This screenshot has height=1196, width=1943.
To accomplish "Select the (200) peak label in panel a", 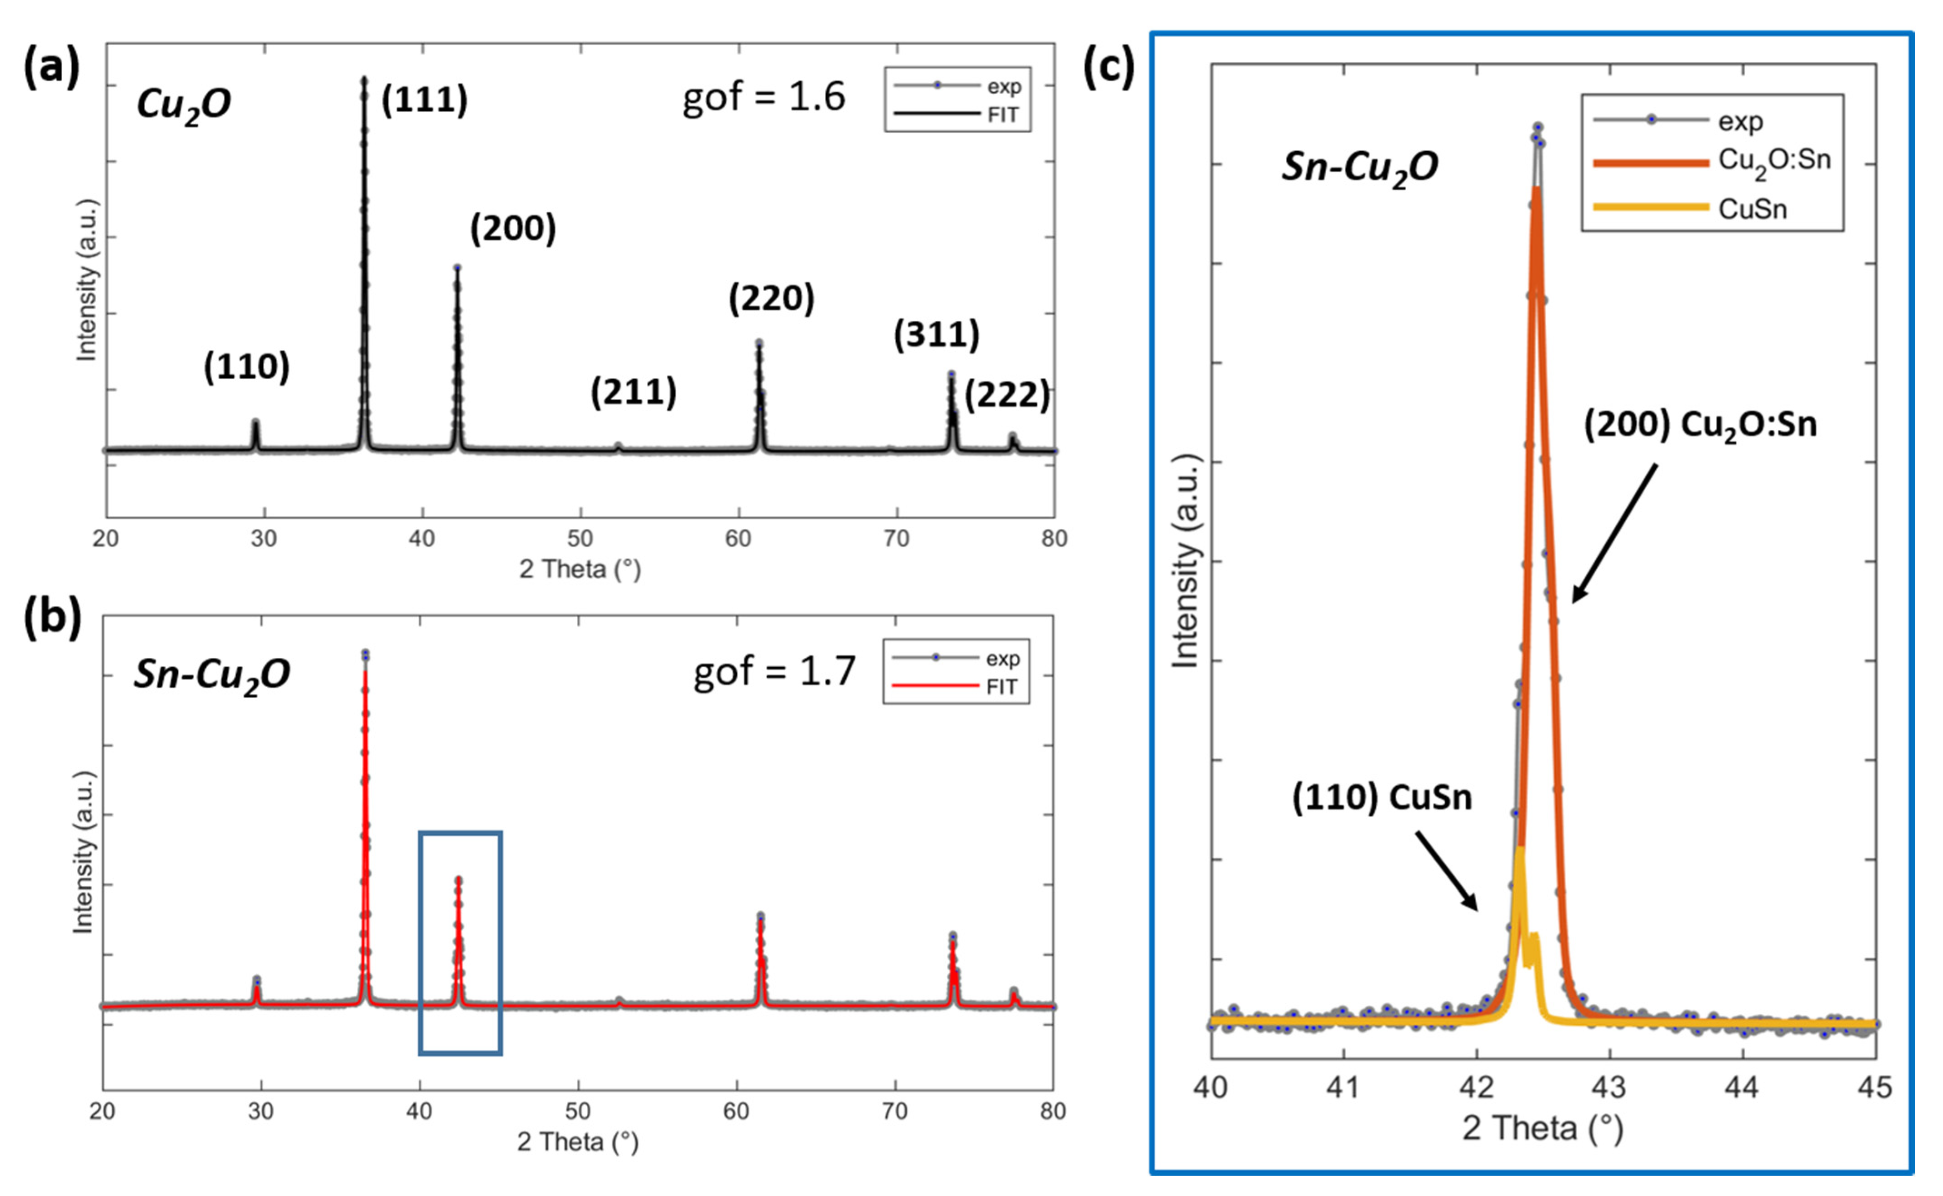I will point(513,228).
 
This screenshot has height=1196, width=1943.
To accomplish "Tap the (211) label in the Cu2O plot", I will point(633,392).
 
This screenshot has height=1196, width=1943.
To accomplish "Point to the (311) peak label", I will point(936,335).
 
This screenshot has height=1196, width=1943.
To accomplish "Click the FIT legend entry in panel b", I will point(1001,687).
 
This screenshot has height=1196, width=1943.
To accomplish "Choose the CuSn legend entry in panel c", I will point(1752,209).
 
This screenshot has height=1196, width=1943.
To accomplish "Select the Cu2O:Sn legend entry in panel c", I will point(1773,161).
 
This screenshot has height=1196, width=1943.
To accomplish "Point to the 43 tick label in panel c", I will point(1609,1087).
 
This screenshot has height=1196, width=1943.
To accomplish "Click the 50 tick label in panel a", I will point(580,539).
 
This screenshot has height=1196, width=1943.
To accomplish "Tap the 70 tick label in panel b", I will point(894,1112).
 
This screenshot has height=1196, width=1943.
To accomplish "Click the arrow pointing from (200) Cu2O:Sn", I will point(1614,534).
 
